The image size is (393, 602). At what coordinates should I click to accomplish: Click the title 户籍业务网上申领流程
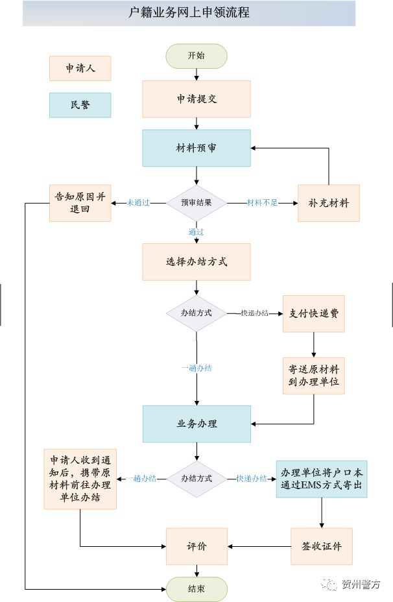pos(189,13)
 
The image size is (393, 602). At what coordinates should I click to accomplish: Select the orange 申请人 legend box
pos(80,68)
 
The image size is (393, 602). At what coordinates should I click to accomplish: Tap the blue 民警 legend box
pos(80,105)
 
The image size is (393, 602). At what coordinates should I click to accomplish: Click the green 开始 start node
pos(196,56)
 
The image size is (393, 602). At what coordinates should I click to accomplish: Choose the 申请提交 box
pos(196,99)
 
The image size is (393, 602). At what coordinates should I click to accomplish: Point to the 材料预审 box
pos(196,148)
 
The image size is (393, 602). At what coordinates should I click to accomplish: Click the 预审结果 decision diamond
pos(196,203)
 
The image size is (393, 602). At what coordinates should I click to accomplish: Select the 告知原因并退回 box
pos(80,203)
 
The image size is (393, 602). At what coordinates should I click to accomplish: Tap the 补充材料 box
pos(329,203)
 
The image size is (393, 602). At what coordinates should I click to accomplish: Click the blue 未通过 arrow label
pos(138,203)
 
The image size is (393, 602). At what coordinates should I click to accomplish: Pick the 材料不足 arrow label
pos(262,203)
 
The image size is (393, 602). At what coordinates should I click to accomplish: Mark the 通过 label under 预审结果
pos(196,232)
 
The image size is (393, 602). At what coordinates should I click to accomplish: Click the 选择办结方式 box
pos(196,262)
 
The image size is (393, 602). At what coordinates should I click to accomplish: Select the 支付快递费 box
pos(313,313)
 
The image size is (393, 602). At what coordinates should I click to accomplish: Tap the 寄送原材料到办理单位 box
pos(313,376)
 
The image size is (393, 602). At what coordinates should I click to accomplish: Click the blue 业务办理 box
pos(196,424)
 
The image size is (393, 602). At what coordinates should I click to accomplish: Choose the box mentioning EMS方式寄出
pos(322,479)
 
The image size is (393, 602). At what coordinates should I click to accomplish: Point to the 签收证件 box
pos(322,546)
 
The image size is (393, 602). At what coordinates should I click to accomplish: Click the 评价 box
pos(196,546)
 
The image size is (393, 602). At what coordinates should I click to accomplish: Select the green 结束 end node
pos(196,589)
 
